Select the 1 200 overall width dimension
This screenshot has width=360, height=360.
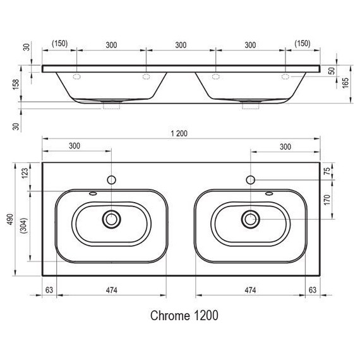[181, 134]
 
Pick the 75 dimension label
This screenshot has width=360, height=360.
[328, 172]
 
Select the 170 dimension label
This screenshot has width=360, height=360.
[328, 200]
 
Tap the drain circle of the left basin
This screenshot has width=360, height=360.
[112, 219]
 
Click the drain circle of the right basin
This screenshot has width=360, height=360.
[251, 219]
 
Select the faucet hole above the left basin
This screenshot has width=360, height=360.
[112, 180]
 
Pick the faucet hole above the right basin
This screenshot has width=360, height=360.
[251, 180]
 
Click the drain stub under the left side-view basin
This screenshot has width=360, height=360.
[112, 107]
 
